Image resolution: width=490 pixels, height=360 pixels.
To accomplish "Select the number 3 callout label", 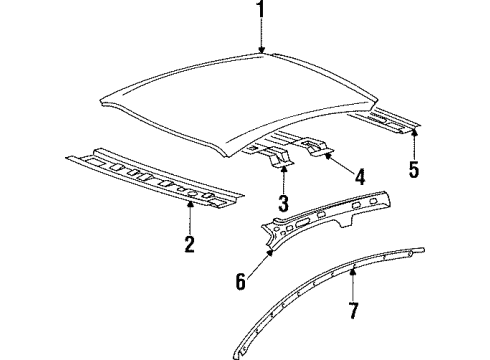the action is pyautogui.click(x=284, y=205).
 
